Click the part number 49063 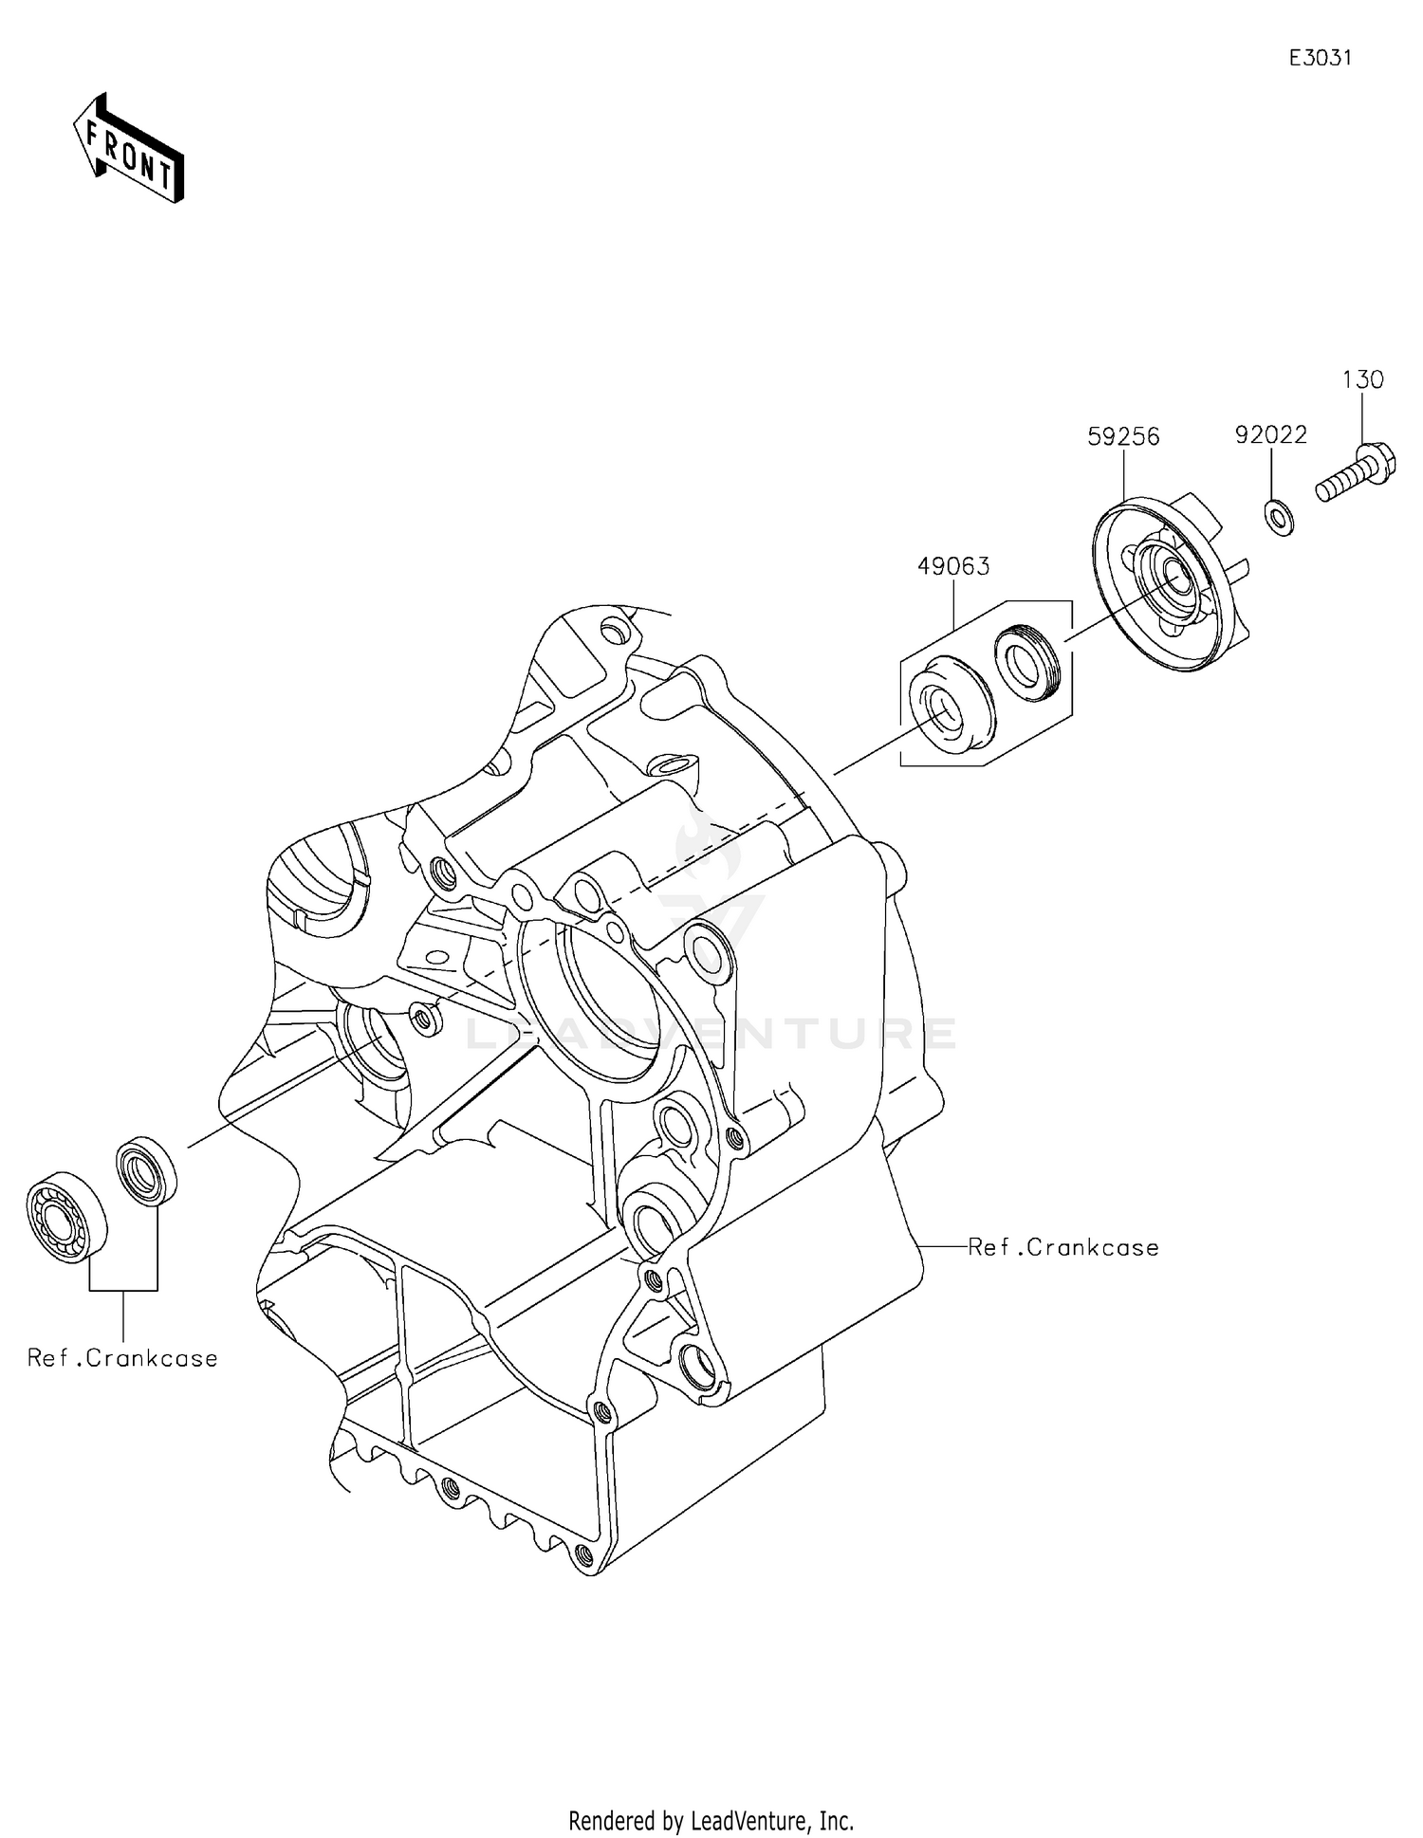(952, 566)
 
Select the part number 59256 (1123, 436)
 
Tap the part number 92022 (1270, 435)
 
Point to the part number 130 (1362, 379)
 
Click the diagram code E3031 (1320, 58)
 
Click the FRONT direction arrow (128, 149)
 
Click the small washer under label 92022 (1279, 519)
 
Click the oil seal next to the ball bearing (146, 1171)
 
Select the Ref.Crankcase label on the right (1063, 1247)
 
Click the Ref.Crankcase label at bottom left (122, 1358)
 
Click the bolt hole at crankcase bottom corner (583, 1553)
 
